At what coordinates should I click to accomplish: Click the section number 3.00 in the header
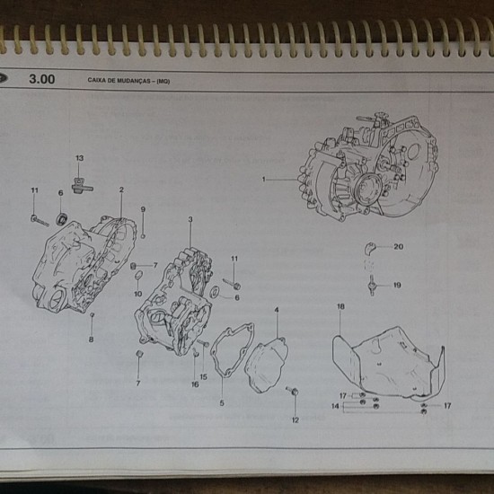coord(42,79)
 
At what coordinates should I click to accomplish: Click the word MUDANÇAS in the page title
coord(134,81)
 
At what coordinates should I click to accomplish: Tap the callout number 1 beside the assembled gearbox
coord(264,180)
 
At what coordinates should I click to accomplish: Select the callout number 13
coord(80,158)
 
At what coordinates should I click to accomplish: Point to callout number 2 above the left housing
coord(121,190)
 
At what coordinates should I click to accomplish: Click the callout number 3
coord(190,219)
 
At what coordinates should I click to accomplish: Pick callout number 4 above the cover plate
coord(277,310)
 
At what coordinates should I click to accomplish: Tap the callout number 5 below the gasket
coord(222,403)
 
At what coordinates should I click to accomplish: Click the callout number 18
coord(340,306)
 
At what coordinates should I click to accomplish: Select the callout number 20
coord(398,247)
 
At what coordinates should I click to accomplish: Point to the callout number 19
coord(397,285)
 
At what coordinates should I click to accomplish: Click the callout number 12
coord(295,420)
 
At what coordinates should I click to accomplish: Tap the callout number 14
coord(335,406)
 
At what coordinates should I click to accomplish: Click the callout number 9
coord(143,209)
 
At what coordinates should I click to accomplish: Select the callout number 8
coord(91,340)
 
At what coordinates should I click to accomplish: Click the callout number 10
coord(138,294)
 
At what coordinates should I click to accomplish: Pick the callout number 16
coord(195,384)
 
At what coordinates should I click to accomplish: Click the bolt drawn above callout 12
coord(293,391)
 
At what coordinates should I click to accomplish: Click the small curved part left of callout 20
coord(369,248)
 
